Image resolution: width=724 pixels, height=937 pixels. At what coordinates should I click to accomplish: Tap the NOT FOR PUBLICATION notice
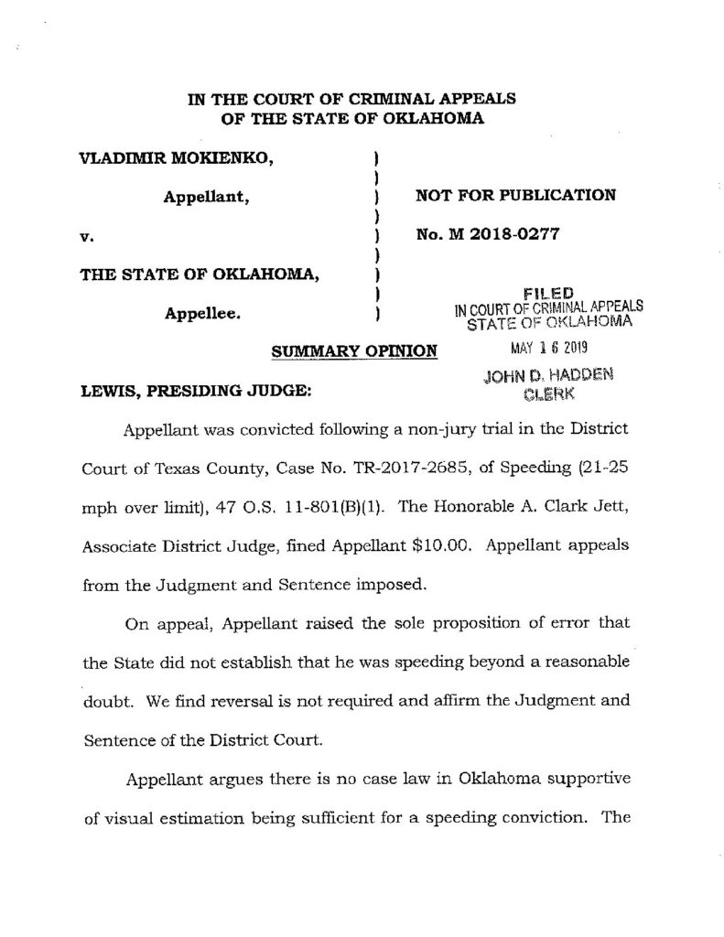point(515,195)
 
